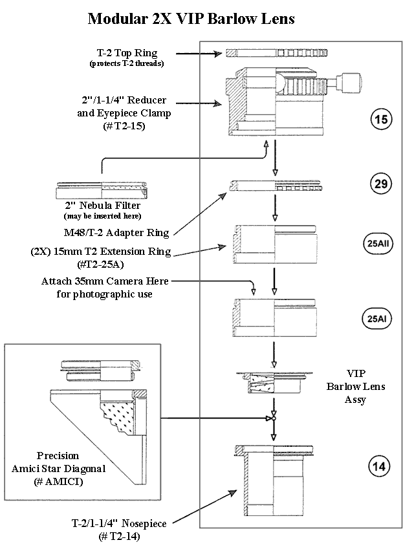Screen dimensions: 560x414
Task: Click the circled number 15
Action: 380,119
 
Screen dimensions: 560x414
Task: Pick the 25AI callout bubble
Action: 379,318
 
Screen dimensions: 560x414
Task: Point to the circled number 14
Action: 380,464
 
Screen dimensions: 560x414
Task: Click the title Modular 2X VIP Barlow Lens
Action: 191,19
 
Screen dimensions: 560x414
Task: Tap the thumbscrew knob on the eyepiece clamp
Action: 354,83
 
